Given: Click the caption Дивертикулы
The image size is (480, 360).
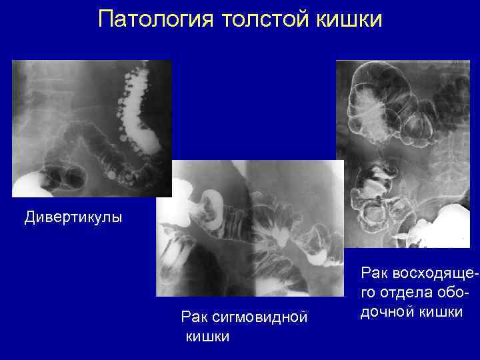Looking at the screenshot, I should point(73,217).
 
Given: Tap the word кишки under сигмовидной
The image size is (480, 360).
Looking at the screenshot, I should point(207,336).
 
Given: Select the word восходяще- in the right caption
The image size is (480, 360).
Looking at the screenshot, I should point(426,273).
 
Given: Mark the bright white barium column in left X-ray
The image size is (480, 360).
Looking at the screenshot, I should point(143,120).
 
